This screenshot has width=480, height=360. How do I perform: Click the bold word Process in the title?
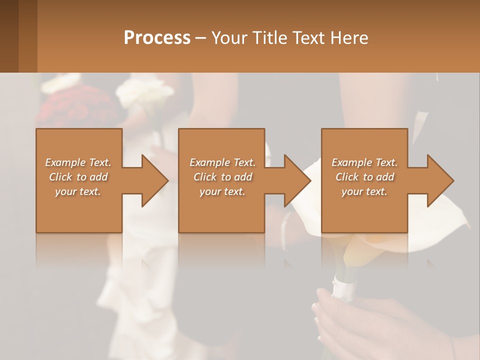157,38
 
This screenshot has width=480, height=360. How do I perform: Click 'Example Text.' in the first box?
78,162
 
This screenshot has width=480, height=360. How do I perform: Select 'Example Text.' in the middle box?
222,162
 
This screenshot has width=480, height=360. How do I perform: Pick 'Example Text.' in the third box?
364,162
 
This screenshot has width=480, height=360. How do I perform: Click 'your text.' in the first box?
78,191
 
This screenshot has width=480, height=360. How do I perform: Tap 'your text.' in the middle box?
222,191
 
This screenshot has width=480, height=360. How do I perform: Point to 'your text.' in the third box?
364,191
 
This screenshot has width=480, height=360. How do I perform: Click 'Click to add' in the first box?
78,177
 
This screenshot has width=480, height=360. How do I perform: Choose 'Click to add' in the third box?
364,177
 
